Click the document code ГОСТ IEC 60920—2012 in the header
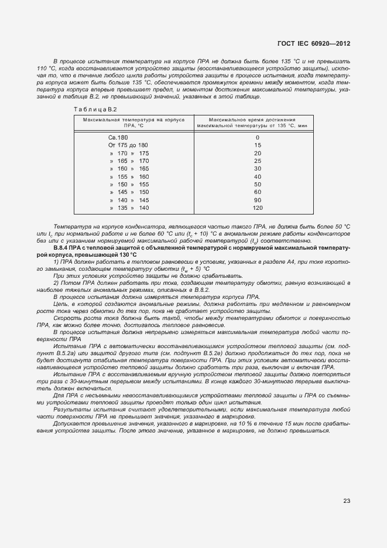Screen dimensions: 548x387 (x=313, y=43)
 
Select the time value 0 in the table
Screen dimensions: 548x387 (x=257, y=137)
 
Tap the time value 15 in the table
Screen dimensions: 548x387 (x=257, y=145)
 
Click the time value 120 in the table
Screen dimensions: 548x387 (x=257, y=208)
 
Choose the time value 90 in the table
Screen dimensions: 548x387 (x=257, y=200)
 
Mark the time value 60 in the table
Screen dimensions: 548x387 (x=257, y=192)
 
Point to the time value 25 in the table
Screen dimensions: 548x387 (x=257, y=161)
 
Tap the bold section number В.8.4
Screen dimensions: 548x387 (x=62, y=249)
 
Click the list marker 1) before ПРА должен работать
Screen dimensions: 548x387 (x=56, y=262)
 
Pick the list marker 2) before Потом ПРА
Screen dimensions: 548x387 (x=56, y=283)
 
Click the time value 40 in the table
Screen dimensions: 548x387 (x=257, y=176)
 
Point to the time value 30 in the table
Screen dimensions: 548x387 (x=257, y=169)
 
